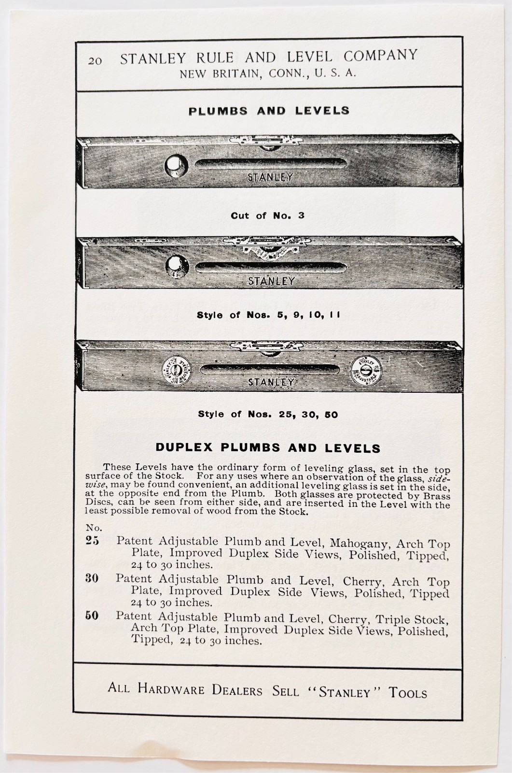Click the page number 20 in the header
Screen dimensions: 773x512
point(95,61)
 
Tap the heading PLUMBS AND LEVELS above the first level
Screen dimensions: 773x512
point(269,111)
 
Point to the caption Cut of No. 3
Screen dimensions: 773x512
point(267,215)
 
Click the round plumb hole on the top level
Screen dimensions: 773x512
point(175,165)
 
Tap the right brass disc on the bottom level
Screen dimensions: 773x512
point(366,371)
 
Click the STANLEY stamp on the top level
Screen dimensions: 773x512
point(270,177)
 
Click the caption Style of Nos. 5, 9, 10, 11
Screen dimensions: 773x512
point(268,315)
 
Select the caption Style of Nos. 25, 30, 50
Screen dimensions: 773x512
point(268,415)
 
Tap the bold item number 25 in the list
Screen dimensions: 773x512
point(92,541)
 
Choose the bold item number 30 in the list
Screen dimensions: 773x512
point(92,578)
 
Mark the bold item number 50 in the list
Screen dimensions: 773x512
point(92,616)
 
